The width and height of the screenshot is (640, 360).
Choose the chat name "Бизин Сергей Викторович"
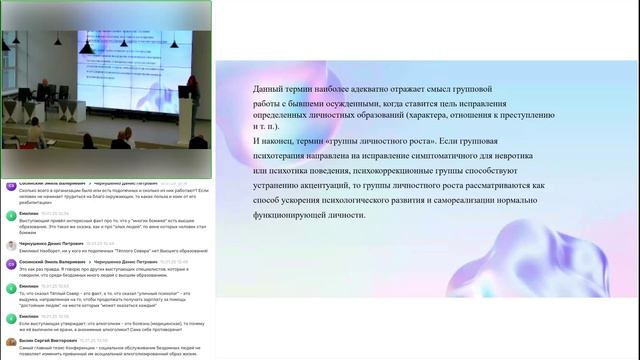point(46,340)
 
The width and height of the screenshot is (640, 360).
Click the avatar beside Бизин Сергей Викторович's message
point(10,342)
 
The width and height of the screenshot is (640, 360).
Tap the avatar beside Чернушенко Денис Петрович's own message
point(10,245)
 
